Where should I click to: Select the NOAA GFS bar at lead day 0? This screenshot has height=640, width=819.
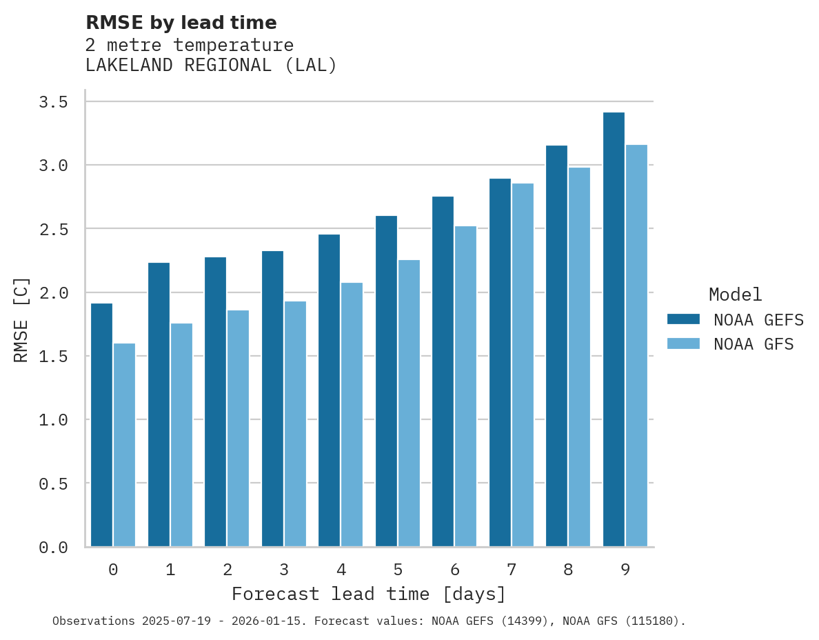(x=124, y=445)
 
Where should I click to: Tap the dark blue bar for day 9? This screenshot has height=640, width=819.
(x=614, y=330)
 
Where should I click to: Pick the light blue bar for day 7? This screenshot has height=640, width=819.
(x=523, y=365)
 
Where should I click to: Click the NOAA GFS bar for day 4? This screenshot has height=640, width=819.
(x=352, y=414)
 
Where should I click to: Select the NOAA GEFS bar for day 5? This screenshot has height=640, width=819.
(x=386, y=381)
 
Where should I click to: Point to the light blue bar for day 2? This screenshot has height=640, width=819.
(x=238, y=428)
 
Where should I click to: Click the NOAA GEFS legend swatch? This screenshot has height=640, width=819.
(x=683, y=319)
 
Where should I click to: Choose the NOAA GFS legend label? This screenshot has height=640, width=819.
(x=754, y=344)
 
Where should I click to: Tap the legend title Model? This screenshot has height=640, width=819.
(x=736, y=295)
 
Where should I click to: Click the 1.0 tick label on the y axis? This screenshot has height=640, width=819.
(x=53, y=420)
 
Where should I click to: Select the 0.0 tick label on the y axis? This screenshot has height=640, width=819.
(x=53, y=548)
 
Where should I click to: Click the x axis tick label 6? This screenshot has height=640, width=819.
(x=454, y=570)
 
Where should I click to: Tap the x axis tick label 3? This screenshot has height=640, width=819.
(x=284, y=570)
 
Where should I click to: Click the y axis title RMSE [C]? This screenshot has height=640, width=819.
(x=21, y=319)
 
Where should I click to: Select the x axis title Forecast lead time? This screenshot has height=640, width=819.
(x=369, y=594)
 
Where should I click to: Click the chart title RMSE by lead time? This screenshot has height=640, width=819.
(x=181, y=23)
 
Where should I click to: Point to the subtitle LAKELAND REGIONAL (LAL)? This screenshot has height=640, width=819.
(x=211, y=66)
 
